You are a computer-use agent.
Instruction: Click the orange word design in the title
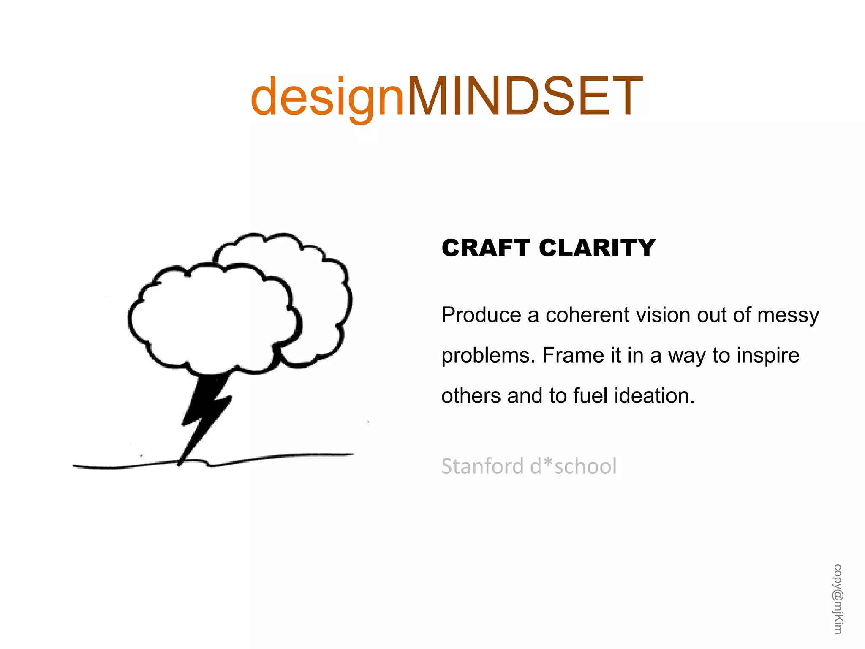[x=327, y=97]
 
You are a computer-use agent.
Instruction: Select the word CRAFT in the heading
[x=485, y=248]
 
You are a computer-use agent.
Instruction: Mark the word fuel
[x=591, y=396]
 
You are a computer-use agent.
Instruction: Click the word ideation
[x=654, y=396]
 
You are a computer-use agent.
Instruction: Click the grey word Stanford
[x=482, y=466]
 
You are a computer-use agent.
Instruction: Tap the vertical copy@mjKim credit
[x=838, y=599]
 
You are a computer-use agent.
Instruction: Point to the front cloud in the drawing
[x=211, y=317]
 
